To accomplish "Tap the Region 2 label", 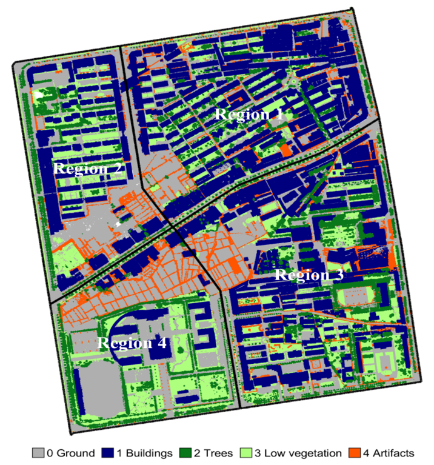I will [x=88, y=169].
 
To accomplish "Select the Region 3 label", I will [x=309, y=275].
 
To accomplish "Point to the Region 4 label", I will [x=132, y=343].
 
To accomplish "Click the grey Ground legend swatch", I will [x=38, y=453].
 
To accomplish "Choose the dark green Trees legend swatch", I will [x=185, y=453].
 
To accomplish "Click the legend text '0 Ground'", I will [x=70, y=453].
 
